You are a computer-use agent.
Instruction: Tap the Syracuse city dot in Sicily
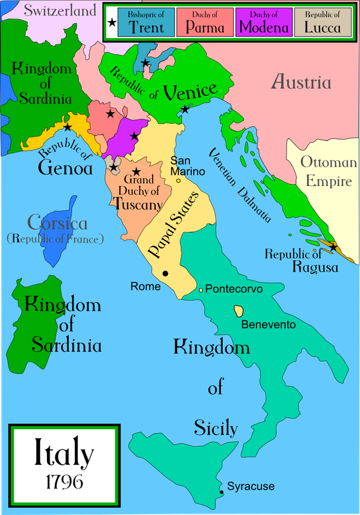[x=222, y=492]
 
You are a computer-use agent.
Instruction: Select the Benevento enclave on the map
[x=239, y=312]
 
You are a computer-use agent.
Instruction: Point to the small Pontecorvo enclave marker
[x=201, y=290]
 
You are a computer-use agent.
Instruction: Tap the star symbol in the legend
[x=112, y=23]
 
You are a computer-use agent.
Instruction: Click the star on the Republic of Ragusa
[x=333, y=247]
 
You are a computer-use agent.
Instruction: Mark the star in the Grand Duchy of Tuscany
[x=136, y=172]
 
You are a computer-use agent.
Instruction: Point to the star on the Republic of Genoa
[x=68, y=127]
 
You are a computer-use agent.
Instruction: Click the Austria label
[x=301, y=82]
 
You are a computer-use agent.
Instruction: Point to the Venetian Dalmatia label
[x=238, y=183]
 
